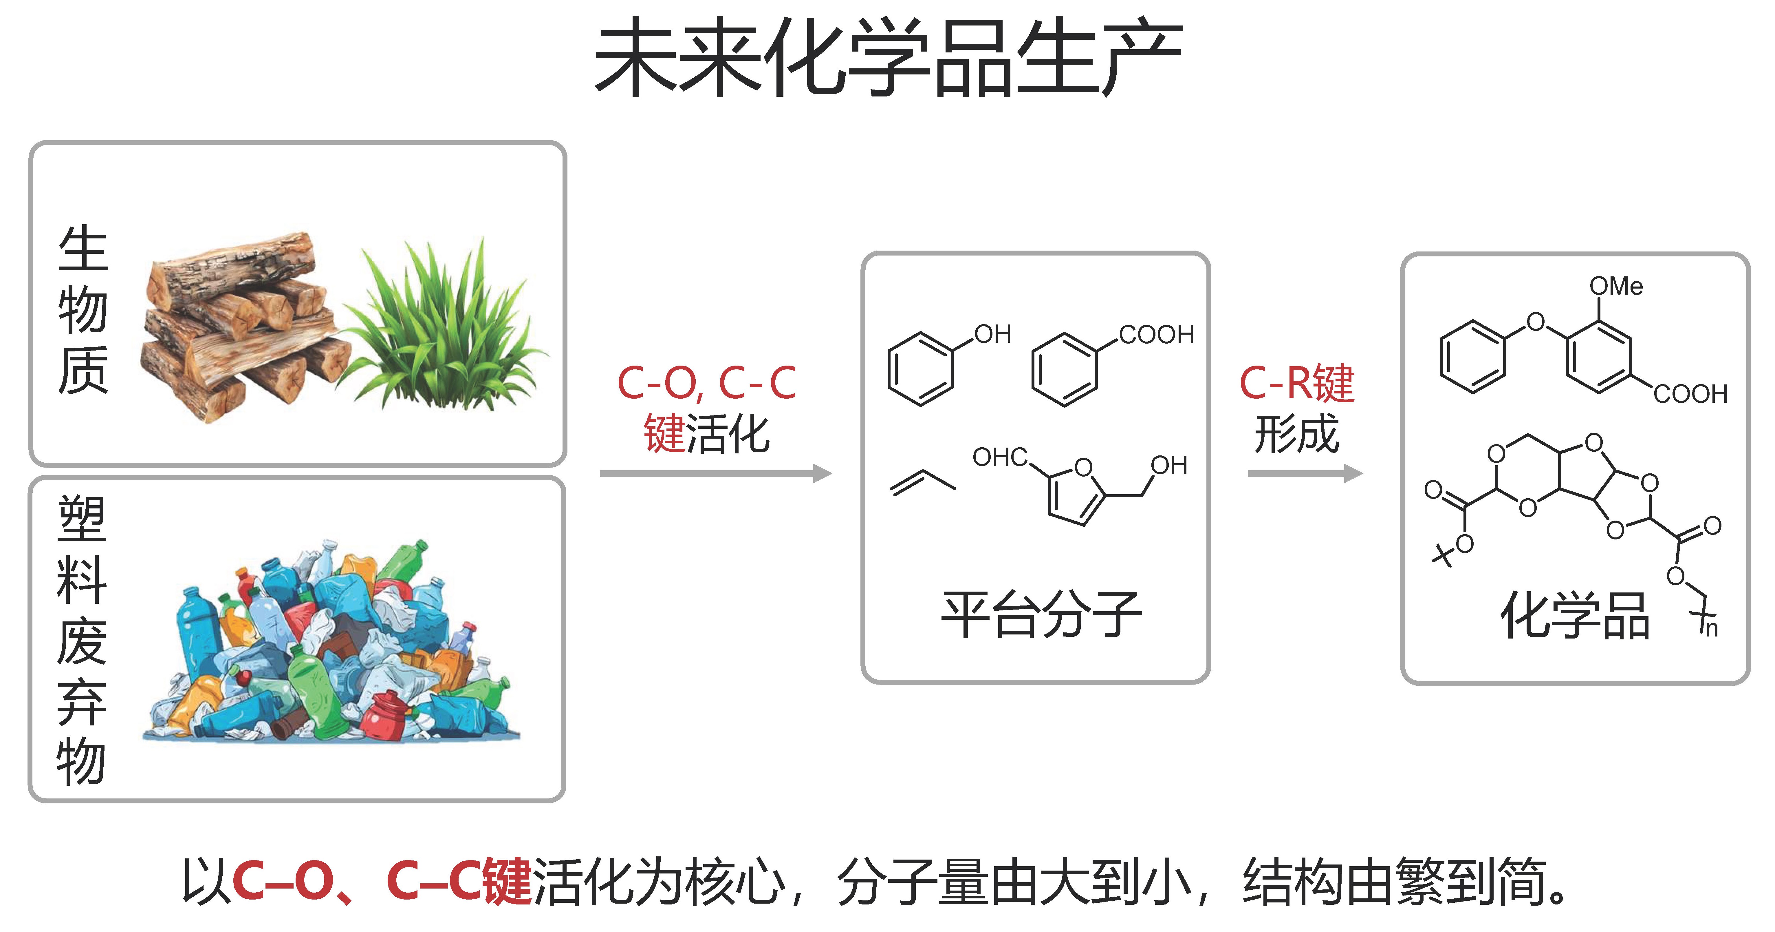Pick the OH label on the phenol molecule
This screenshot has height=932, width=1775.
click(x=992, y=334)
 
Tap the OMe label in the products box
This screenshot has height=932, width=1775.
click(x=1616, y=286)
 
